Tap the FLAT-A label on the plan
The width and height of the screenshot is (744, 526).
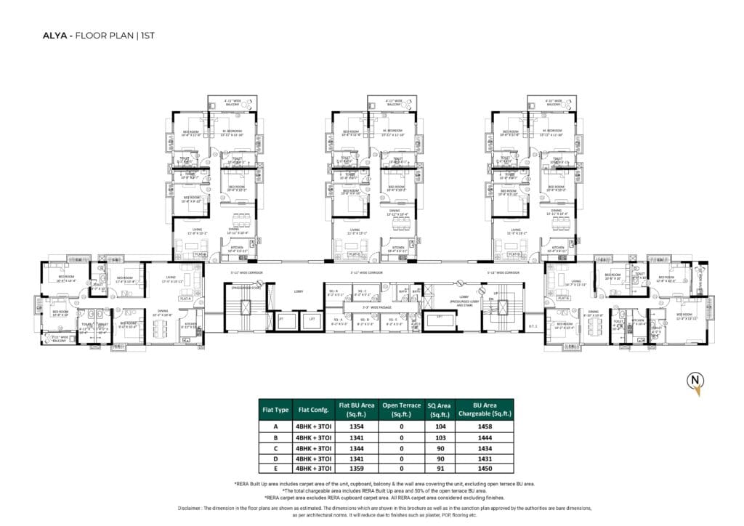pos(186,298)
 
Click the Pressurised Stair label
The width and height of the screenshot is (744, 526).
pos(243,287)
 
